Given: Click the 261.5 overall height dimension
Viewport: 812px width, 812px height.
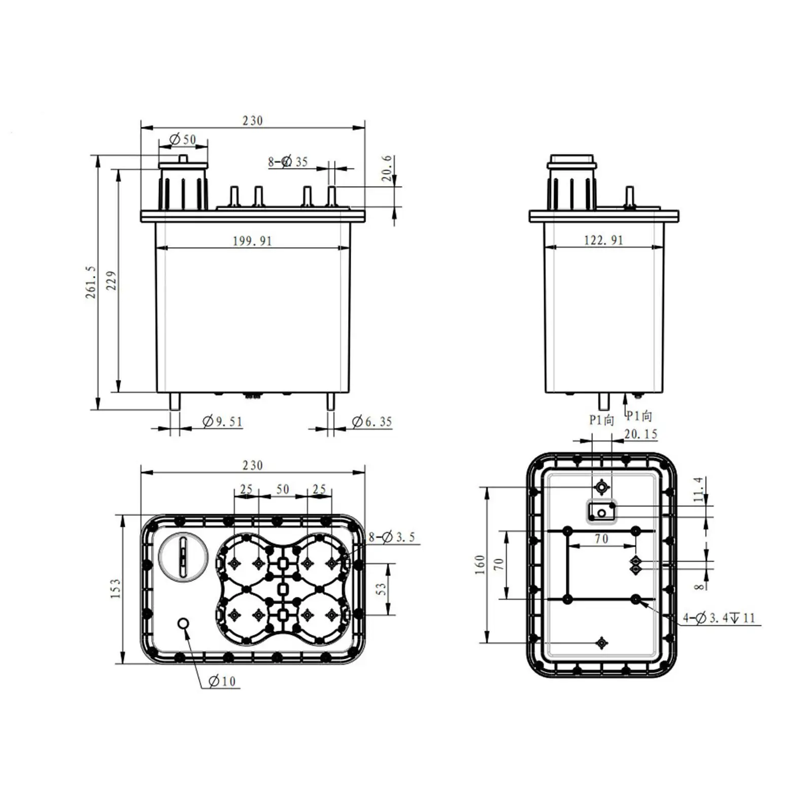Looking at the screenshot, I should (90, 282).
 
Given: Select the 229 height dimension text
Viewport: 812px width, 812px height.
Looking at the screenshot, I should (111, 281).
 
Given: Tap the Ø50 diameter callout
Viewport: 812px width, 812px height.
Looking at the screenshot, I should (183, 139).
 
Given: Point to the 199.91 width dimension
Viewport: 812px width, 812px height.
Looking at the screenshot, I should (252, 241).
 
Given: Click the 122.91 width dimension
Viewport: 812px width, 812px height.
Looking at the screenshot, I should (603, 240).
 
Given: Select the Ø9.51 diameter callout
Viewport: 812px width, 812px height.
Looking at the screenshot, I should (222, 422).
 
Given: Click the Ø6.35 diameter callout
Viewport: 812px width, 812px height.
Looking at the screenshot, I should (372, 422).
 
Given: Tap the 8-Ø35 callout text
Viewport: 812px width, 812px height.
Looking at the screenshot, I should (288, 162).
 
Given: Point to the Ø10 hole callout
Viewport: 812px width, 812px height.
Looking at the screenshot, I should (222, 681).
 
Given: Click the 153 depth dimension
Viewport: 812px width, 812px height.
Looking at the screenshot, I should (115, 588).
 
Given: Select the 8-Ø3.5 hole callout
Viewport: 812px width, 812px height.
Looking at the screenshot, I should (392, 537).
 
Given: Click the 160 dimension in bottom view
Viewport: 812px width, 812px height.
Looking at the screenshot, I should (480, 565).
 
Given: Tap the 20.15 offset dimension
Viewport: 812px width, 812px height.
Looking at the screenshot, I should (640, 434).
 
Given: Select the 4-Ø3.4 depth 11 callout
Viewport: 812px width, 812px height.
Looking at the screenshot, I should (719, 618).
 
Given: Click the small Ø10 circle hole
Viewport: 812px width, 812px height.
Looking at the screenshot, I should (184, 623).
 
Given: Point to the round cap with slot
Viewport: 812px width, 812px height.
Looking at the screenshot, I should (183, 556).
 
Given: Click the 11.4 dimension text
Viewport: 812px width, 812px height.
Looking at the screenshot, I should (699, 489).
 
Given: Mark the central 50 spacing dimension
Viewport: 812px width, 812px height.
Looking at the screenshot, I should (283, 489).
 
